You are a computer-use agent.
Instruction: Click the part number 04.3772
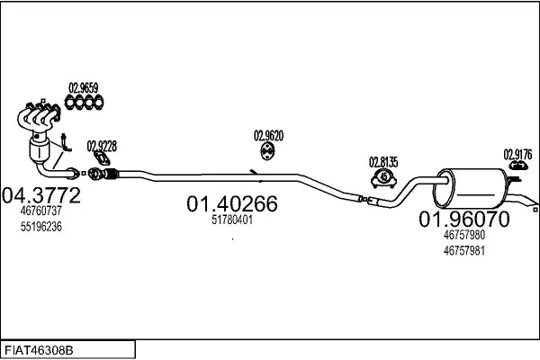[x=41, y=195]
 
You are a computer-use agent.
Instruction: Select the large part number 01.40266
[x=232, y=203]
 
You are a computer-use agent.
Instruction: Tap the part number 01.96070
[x=463, y=219]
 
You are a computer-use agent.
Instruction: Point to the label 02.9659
[x=84, y=88]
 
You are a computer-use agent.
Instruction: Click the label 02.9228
[x=102, y=146]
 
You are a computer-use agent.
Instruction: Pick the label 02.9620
[x=268, y=136]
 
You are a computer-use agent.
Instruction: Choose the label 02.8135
[x=383, y=162]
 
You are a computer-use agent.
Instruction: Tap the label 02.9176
[x=517, y=154]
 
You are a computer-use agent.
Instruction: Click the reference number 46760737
[x=41, y=211]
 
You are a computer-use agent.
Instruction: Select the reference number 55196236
[x=41, y=227]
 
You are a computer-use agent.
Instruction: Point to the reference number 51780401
[x=232, y=220]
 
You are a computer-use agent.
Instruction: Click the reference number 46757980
[x=463, y=235]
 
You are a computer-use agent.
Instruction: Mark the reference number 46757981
[x=463, y=251]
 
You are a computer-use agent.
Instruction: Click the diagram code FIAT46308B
[x=39, y=351]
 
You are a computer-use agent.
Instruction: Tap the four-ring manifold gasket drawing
[x=84, y=103]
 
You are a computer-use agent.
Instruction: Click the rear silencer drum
[x=470, y=188]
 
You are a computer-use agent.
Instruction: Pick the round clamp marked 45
[x=383, y=178]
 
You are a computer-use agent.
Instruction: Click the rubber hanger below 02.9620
[x=267, y=152]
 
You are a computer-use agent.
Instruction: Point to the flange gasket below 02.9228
[x=103, y=158]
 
